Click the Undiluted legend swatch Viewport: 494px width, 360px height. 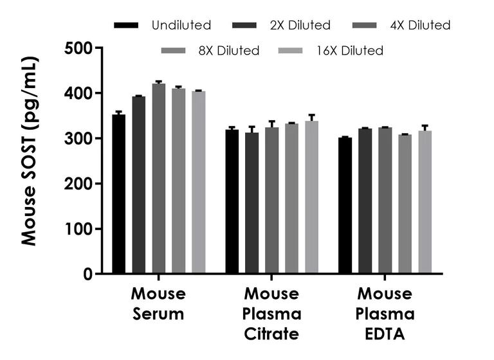(126, 26)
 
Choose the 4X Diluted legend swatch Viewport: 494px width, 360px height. (366, 26)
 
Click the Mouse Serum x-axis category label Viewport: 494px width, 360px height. (158, 304)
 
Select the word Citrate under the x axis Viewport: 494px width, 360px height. (271, 334)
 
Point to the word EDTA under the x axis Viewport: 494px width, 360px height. (385, 334)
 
